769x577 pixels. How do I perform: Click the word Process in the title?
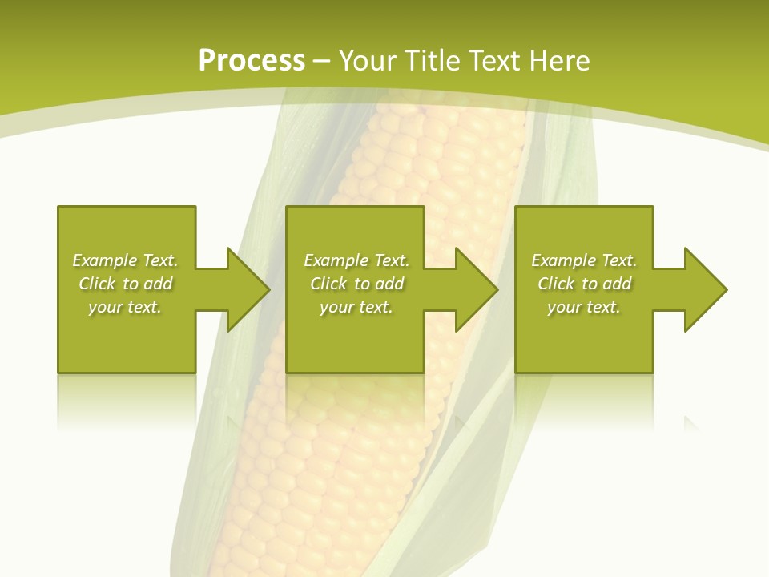click(252, 61)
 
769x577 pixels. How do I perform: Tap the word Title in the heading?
click(433, 61)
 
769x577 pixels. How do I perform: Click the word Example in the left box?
click(105, 260)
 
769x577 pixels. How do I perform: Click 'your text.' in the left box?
click(125, 307)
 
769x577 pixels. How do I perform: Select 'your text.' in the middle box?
click(356, 307)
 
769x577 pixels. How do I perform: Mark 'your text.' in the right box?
click(584, 307)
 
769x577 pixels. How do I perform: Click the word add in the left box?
click(158, 284)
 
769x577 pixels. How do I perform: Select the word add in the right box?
click(617, 284)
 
